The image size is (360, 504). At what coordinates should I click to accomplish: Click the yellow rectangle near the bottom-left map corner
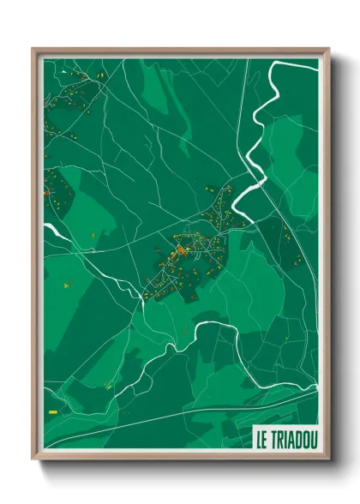(53, 412)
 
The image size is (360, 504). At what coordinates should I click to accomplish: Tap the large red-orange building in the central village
(181, 250)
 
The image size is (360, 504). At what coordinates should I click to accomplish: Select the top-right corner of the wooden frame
(327, 50)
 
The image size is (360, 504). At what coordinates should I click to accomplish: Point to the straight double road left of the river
(243, 111)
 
